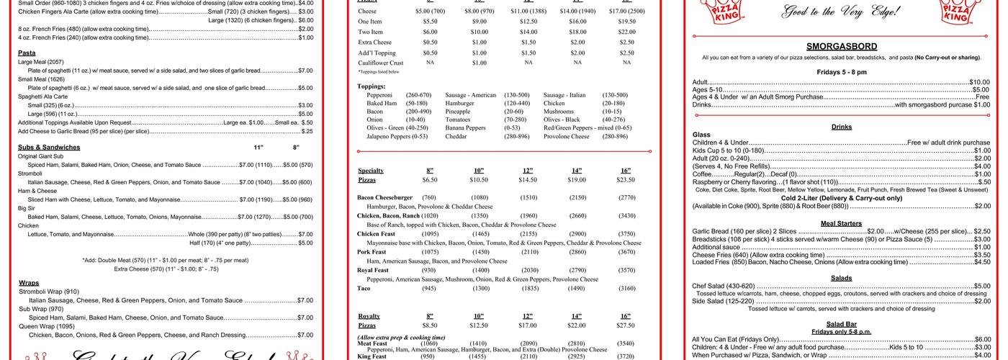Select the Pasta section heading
27,53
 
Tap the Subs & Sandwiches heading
49,147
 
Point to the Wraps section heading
29,283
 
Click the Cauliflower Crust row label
381,63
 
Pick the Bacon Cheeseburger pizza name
384,197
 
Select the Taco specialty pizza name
364,288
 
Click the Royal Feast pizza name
373,270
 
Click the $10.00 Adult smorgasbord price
980,82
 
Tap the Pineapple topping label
457,112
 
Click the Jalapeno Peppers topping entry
397,136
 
